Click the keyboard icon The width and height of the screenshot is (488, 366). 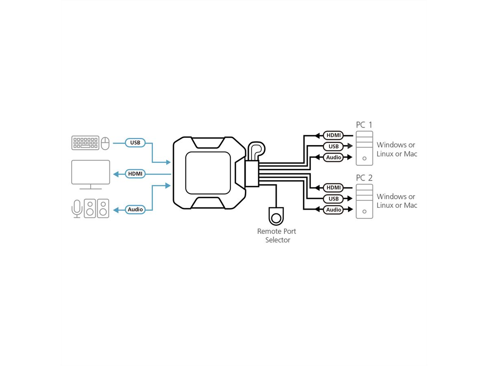[x=85, y=143]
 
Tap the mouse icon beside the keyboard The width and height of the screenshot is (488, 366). [x=105, y=143]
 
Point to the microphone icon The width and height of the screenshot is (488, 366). [x=76, y=208]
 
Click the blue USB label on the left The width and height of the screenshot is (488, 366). [x=135, y=143]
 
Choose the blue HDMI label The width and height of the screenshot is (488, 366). [x=135, y=174]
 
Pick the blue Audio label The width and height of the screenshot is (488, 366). [x=135, y=209]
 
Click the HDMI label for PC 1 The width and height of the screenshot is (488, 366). [x=333, y=135]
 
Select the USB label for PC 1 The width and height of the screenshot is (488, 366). [x=333, y=146]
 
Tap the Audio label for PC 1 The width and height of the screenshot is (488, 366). [x=333, y=157]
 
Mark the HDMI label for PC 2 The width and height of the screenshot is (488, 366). [x=333, y=187]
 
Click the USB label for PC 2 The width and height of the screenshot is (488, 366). [x=333, y=199]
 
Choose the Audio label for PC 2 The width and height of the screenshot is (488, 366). [x=333, y=210]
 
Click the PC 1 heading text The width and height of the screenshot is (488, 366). [x=364, y=125]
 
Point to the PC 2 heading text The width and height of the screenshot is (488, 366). [x=364, y=178]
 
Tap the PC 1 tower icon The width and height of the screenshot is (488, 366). [x=364, y=148]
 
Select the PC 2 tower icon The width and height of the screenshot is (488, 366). [x=364, y=201]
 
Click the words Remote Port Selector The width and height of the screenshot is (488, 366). [x=277, y=235]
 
